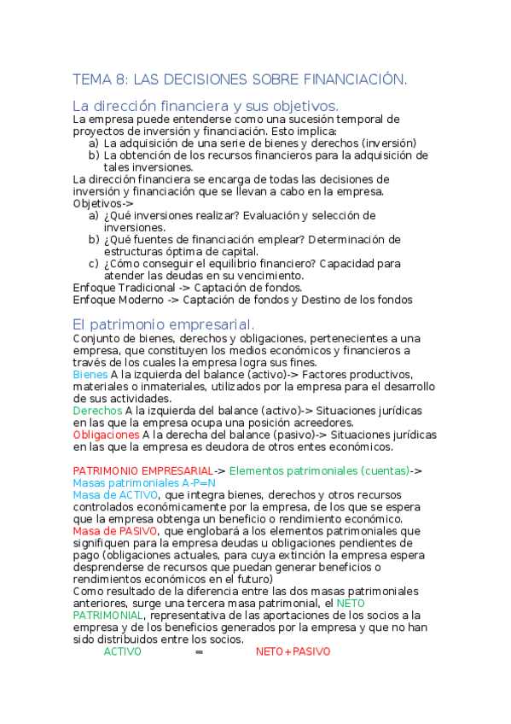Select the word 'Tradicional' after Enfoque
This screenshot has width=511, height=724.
(145, 288)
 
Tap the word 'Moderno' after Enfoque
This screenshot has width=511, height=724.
(137, 300)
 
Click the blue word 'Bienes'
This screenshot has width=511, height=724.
(90, 375)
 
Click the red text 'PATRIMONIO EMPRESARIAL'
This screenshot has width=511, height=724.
(142, 470)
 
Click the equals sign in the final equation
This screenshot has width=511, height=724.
(199, 651)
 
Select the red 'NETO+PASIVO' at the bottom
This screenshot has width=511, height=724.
(293, 651)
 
